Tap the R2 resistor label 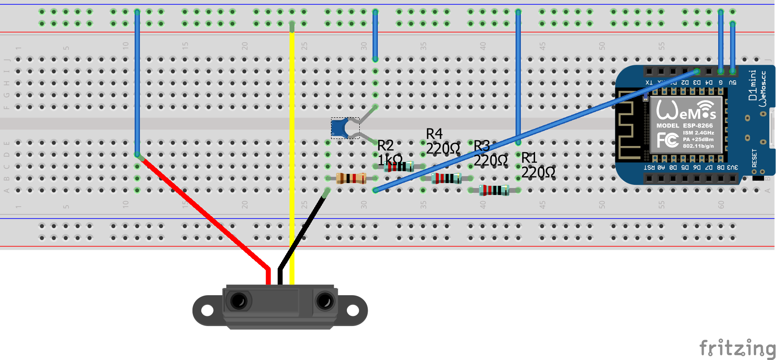pyautogui.click(x=385, y=145)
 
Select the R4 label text pyautogui.click(x=434, y=134)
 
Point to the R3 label pyautogui.click(x=482, y=146)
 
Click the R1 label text pyautogui.click(x=529, y=157)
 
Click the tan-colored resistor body pyautogui.click(x=351, y=178)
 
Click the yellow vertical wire pyautogui.click(x=292, y=132)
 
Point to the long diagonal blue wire pyautogui.click(x=530, y=132)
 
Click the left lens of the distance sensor pyautogui.click(x=239, y=301)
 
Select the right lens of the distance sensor pyautogui.click(x=325, y=302)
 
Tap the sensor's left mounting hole pyautogui.click(x=207, y=311)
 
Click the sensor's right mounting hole pyautogui.click(x=353, y=311)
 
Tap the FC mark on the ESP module pyautogui.click(x=667, y=140)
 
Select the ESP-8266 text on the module pyautogui.click(x=698, y=126)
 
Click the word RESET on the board pyautogui.click(x=754, y=157)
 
